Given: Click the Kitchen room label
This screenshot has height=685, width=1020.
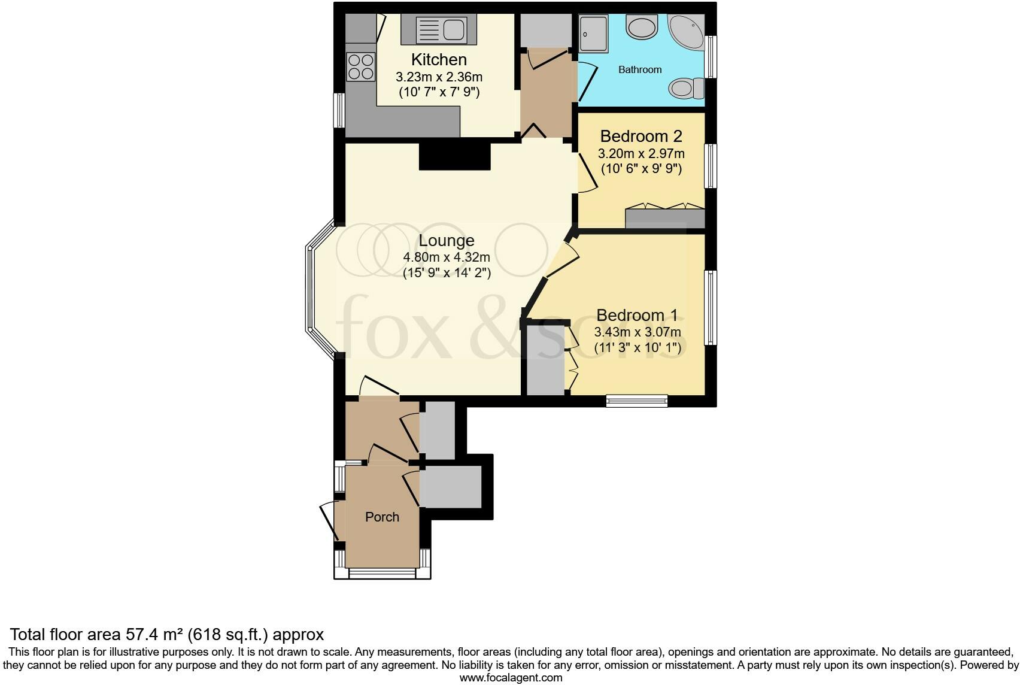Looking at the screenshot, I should pos(439,60).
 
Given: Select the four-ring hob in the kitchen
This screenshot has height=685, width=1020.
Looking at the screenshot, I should pos(360,66).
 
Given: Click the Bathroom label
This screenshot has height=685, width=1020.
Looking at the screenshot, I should pos(640,70).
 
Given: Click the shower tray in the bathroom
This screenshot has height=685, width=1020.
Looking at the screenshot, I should pos(593,33).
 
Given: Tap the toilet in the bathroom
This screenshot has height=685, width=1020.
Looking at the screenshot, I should pos(686,89).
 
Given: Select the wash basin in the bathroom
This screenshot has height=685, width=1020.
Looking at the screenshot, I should pos(641,27).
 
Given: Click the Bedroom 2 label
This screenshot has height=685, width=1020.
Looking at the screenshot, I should pos(641,137).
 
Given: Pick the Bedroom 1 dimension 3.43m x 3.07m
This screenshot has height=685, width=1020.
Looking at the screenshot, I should pos(637,332).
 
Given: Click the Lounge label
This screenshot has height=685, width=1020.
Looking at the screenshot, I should pos(447,241).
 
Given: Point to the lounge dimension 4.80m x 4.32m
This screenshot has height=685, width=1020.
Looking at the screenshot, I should pos(447,258).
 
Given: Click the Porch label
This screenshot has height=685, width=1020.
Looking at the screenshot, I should pos(382,517).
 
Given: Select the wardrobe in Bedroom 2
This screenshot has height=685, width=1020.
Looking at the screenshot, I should pos(664,219).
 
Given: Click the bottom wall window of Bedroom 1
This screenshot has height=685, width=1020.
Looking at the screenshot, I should pos(636,401).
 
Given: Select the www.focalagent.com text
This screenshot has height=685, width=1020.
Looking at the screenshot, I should pos(511,678).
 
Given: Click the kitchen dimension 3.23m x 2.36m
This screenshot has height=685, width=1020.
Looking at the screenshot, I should pos(439,77).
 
